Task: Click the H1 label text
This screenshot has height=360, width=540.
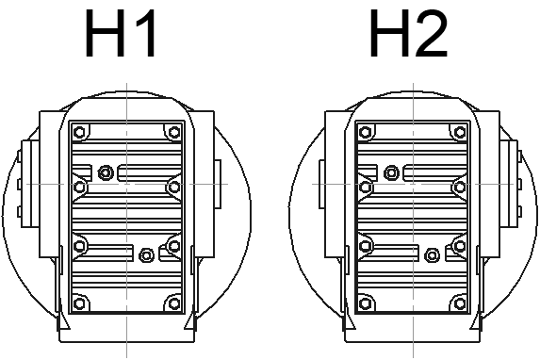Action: (121, 33)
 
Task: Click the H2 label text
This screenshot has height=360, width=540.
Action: (408, 33)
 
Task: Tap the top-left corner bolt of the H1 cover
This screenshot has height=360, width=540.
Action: (79, 132)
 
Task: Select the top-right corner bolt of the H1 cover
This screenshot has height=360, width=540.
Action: (174, 132)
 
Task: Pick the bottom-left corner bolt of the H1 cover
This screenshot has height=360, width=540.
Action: (79, 303)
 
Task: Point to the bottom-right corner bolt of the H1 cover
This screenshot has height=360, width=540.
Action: (174, 303)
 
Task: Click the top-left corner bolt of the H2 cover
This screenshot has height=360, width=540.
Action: (366, 132)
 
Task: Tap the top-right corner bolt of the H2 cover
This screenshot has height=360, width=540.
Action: (460, 132)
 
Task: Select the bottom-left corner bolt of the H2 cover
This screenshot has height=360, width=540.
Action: (366, 303)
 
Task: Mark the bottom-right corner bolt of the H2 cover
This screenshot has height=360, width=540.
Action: (460, 303)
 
